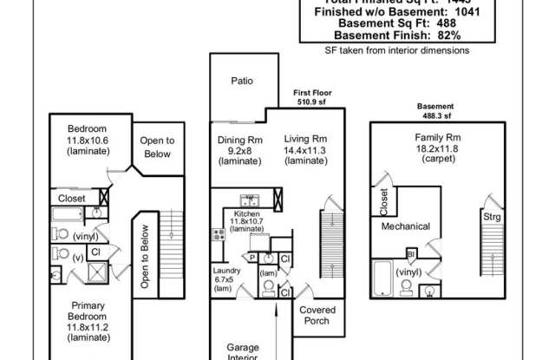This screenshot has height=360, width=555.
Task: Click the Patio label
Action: coord(242,81)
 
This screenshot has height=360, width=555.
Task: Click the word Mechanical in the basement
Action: coord(406,226)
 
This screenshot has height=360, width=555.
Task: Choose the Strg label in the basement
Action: coord(493,216)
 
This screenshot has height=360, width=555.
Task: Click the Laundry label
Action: coord(227,270)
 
